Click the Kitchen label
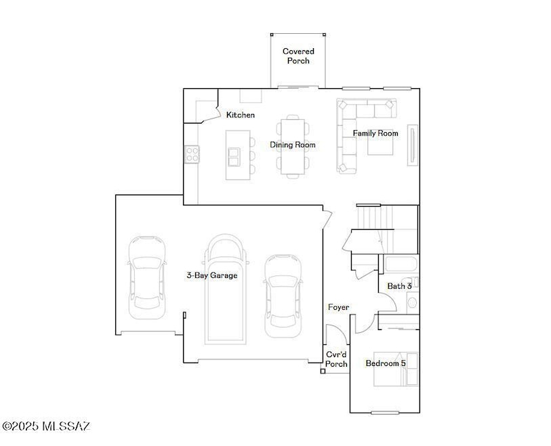click(x=241, y=115)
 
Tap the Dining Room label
click(x=292, y=145)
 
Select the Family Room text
click(x=375, y=134)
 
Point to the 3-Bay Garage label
click(x=212, y=275)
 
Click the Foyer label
click(x=338, y=307)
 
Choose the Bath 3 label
click(x=399, y=286)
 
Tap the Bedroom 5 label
click(x=386, y=363)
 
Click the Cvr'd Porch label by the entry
click(x=336, y=359)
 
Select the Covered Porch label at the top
click(x=298, y=56)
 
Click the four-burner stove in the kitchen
click(x=192, y=155)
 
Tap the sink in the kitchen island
click(x=234, y=157)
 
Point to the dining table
click(x=293, y=146)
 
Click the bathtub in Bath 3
click(x=401, y=264)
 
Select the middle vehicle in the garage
click(x=225, y=289)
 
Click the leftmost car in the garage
click(x=147, y=278)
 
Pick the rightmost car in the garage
click(x=283, y=296)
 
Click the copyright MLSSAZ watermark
click(x=45, y=426)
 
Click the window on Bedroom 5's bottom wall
click(x=385, y=413)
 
